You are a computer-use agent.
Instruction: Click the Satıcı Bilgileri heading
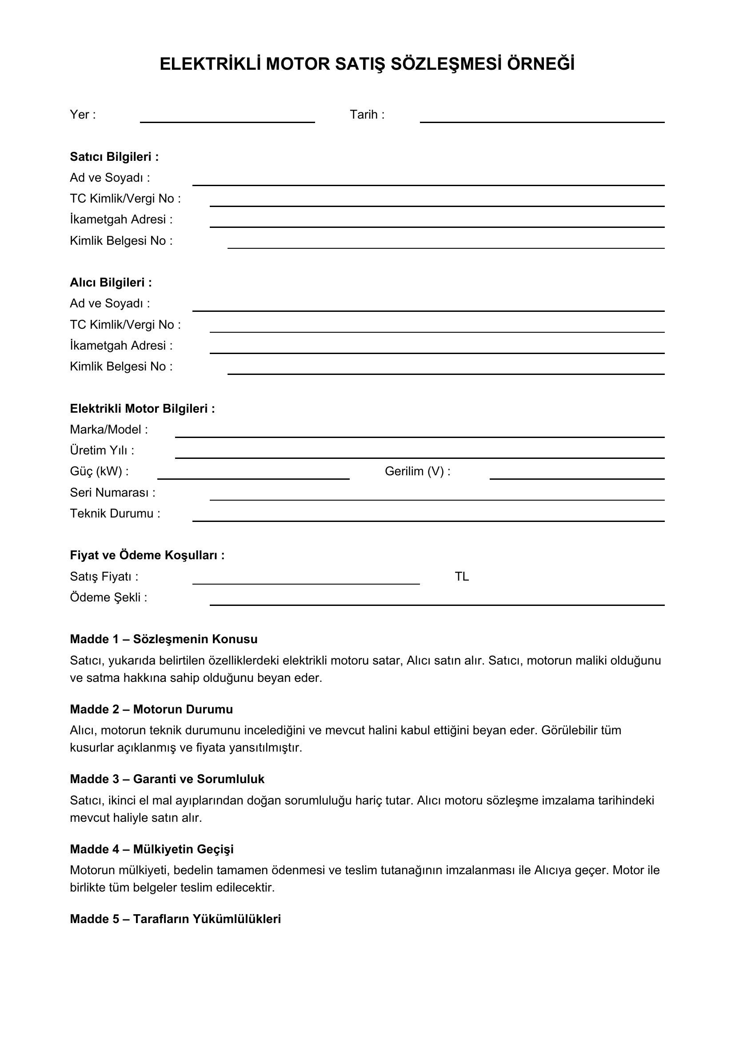click(x=114, y=157)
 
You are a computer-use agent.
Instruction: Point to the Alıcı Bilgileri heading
click(x=111, y=283)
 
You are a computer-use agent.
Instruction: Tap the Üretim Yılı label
click(x=102, y=451)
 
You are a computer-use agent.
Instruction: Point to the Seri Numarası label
click(x=112, y=493)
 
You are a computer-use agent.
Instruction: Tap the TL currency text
click(x=462, y=577)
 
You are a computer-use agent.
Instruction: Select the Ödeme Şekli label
click(x=108, y=598)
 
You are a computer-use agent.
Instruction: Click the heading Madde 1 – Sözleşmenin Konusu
click(x=164, y=639)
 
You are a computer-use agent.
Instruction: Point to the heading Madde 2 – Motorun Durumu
click(x=151, y=709)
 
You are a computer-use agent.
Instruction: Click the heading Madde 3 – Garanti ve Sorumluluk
click(x=167, y=779)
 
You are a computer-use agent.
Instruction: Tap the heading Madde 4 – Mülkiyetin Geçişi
click(x=152, y=849)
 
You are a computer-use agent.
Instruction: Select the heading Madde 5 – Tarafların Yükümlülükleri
click(x=175, y=919)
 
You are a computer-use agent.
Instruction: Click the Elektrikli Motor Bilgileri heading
click(x=142, y=409)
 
